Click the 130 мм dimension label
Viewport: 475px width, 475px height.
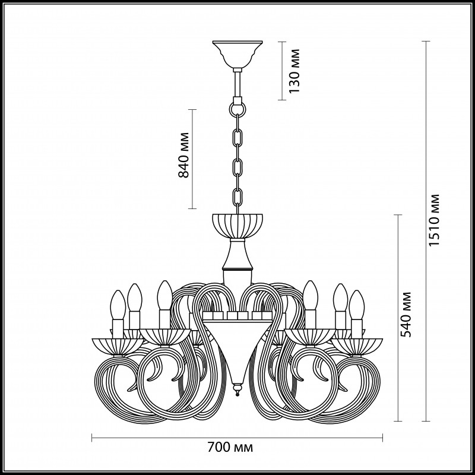[294, 71]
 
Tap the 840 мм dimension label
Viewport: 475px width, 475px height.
[183, 155]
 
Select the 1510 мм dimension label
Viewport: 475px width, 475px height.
[433, 220]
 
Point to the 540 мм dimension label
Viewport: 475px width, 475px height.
[406, 315]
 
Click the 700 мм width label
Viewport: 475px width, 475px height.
[230, 447]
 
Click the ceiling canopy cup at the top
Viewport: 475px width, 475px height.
[237, 54]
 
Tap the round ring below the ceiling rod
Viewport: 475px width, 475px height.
[237, 109]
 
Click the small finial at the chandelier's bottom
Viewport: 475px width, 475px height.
[237, 389]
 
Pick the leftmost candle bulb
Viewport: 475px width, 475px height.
[118, 305]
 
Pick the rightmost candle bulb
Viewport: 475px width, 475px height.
[357, 305]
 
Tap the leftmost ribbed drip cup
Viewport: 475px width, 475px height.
[118, 346]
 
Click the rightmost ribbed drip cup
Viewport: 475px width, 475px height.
[357, 346]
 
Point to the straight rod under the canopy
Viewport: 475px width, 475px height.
[237, 84]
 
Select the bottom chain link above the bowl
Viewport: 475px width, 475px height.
[237, 198]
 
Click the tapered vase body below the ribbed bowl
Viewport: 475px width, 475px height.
[237, 254]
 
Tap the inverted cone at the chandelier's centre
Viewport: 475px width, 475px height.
[237, 351]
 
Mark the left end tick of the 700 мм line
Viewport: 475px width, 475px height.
[92, 438]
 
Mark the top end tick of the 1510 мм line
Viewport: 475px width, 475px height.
[426, 41]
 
